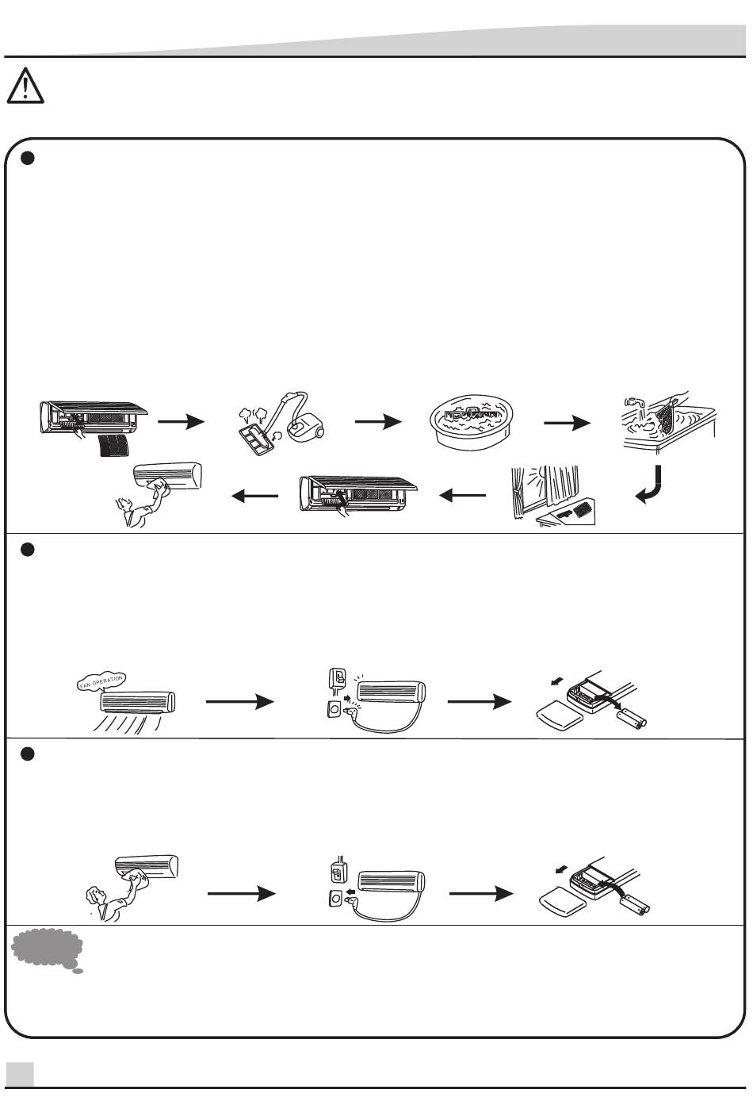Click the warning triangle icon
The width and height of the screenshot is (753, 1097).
(25, 86)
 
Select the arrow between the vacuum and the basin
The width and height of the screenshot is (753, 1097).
(378, 422)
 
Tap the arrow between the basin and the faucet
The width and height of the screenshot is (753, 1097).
(567, 423)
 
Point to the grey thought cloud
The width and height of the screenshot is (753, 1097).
(47, 950)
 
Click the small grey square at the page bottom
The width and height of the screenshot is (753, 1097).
(20, 1074)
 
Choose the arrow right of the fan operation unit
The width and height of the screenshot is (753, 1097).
(239, 702)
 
